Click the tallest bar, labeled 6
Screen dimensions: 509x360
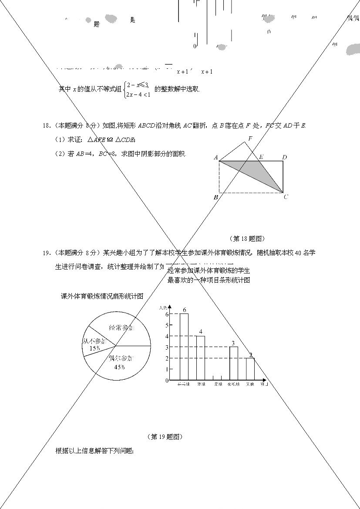[x=184, y=347]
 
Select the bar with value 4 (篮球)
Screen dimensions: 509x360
[x=201, y=358]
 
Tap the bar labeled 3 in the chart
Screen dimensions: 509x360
[x=234, y=363]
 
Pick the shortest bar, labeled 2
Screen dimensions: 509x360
[x=250, y=369]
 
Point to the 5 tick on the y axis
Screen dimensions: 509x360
[x=167, y=325]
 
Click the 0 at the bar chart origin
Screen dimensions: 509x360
[x=167, y=381]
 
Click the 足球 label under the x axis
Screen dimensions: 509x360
[x=218, y=384]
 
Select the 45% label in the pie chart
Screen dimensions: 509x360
[x=119, y=367]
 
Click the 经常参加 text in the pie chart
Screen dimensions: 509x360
[x=121, y=328]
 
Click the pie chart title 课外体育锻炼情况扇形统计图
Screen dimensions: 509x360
[x=102, y=297]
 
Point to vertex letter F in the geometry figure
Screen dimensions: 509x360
[x=250, y=139]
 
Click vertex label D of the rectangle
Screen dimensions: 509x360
[x=284, y=157]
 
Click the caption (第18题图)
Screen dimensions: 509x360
[x=247, y=239]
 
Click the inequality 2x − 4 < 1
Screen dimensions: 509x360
[x=138, y=94]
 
